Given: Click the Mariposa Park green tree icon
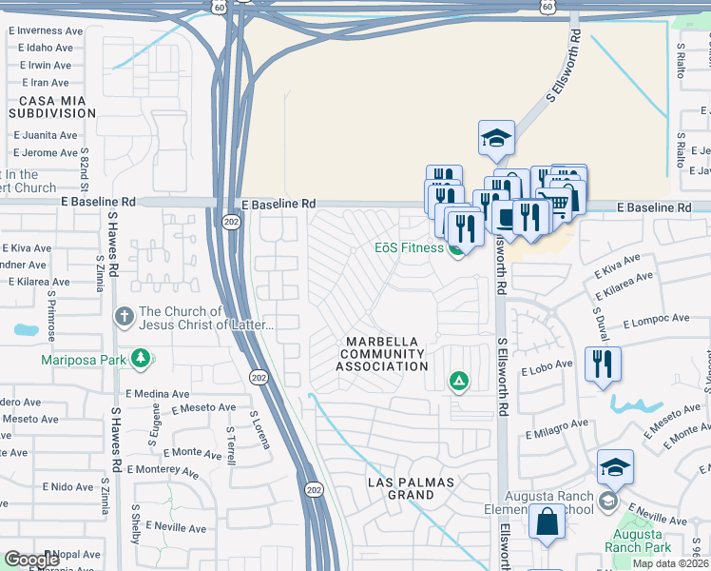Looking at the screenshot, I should click(x=142, y=359).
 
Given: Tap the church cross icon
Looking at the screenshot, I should click(x=123, y=316).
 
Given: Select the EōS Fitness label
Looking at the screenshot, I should click(x=408, y=248).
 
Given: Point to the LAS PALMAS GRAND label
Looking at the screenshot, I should click(x=412, y=489).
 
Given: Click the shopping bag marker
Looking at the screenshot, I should click(x=547, y=523).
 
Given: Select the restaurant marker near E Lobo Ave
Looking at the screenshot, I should click(x=603, y=364).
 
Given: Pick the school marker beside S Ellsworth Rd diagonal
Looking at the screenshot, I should click(x=496, y=139).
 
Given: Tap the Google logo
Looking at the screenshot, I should click(x=31, y=559).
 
